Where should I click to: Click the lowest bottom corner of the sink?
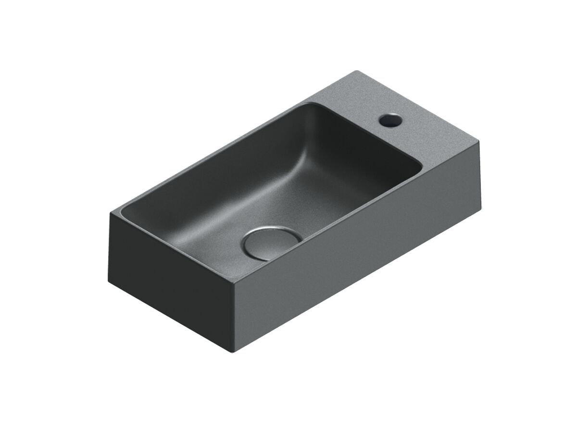[x=234, y=352]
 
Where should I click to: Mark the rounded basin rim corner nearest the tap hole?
[x=419, y=166]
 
